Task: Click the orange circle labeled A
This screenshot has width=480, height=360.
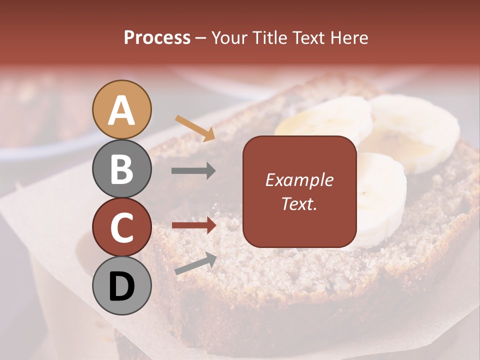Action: click(x=122, y=109)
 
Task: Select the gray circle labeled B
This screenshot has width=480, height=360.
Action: click(x=122, y=168)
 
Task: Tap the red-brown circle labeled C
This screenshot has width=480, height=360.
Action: click(x=122, y=227)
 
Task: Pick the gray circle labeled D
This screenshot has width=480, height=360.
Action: click(x=122, y=286)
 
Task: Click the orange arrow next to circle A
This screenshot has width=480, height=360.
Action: click(x=195, y=128)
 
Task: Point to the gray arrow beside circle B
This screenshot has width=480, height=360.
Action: click(x=193, y=171)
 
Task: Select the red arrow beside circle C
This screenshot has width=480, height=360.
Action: click(x=194, y=225)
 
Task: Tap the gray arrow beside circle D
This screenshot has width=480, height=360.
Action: click(x=195, y=264)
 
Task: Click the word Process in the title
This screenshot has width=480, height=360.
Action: click(x=157, y=38)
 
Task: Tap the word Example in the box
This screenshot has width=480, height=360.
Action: click(x=299, y=180)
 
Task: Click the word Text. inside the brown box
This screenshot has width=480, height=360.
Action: click(x=299, y=203)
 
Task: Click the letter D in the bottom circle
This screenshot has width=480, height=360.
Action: click(x=122, y=286)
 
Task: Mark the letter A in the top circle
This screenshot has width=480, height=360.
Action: click(x=122, y=110)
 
